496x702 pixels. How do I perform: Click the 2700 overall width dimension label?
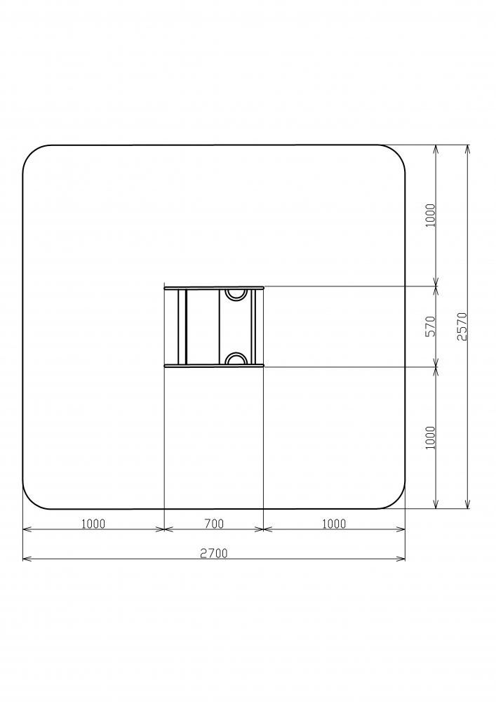[214, 553]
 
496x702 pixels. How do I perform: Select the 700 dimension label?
[214, 524]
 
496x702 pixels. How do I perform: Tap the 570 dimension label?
[430, 326]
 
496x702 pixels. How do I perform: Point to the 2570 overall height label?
[462, 326]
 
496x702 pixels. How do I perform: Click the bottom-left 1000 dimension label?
[93, 524]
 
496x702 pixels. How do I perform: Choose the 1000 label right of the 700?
[334, 524]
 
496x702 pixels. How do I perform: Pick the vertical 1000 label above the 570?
[430, 216]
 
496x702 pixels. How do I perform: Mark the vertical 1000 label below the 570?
[430, 437]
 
